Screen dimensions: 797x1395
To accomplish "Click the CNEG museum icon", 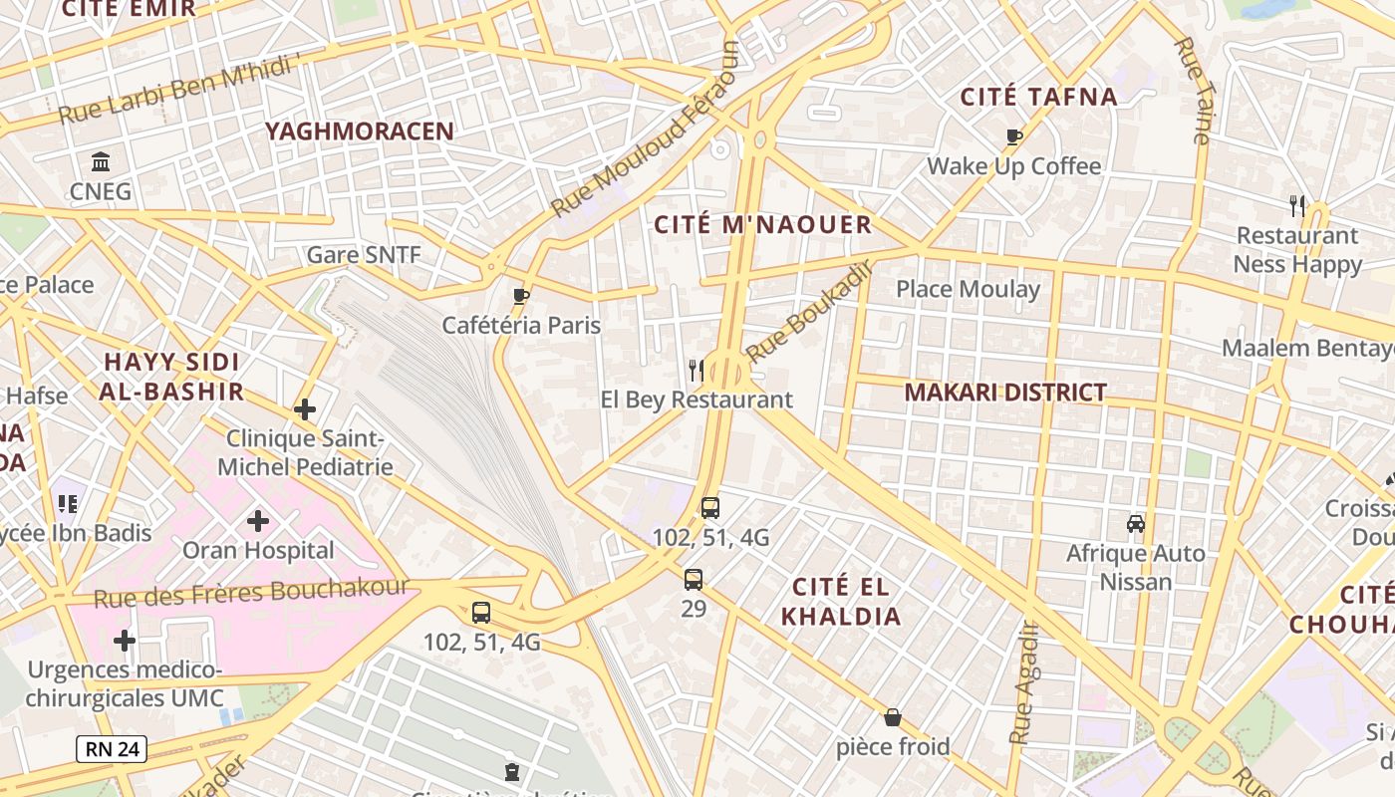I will tap(101, 161).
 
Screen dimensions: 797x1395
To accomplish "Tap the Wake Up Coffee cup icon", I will tap(1014, 136).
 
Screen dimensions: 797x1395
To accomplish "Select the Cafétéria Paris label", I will tap(521, 325).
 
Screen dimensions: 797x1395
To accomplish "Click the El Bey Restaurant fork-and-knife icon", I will tap(697, 371).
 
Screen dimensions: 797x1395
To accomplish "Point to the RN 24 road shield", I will tap(112, 749).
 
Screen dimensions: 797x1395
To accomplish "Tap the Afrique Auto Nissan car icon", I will tap(1135, 523).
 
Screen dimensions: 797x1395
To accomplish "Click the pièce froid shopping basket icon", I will tap(893, 717).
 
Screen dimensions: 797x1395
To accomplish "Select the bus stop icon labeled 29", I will tap(694, 579).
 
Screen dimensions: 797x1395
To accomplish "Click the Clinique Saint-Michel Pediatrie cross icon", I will tap(305, 408).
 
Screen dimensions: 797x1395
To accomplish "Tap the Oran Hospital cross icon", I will tap(258, 520).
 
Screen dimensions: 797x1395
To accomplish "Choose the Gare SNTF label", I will tap(364, 255).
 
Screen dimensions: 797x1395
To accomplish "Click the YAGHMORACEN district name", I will tap(360, 131).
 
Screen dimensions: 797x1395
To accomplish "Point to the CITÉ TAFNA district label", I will tap(1038, 97).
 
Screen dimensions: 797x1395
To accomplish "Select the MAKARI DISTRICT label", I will tap(1005, 393).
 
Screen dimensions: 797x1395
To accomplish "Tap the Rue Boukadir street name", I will tap(809, 311).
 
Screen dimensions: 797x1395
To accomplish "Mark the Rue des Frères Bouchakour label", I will tap(251, 592).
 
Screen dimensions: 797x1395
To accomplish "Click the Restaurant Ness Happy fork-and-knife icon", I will tap(1297, 206).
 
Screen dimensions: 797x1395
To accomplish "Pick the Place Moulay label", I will tap(968, 290).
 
